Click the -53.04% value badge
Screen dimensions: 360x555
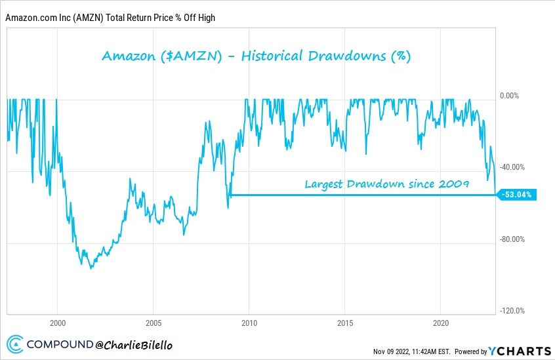(518, 194)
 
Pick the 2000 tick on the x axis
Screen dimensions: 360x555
(57, 323)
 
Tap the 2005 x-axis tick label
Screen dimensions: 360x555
(153, 323)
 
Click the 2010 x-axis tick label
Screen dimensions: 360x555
(249, 323)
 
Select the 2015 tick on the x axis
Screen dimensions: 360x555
(345, 323)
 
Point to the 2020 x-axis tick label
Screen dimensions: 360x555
(441, 323)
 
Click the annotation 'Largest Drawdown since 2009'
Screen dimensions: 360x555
(386, 184)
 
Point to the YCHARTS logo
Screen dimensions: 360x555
(518, 351)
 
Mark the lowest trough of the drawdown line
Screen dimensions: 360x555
(91, 268)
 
